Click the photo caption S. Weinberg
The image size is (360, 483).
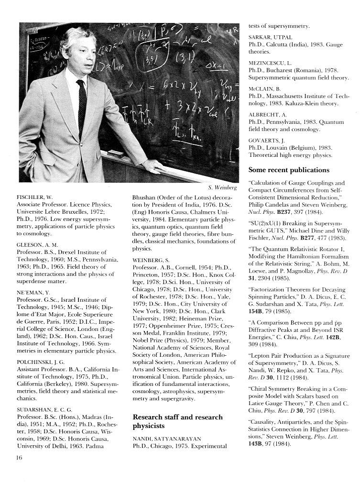click(223, 187)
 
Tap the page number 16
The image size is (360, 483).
click(20, 457)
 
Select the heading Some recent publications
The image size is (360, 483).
click(289, 170)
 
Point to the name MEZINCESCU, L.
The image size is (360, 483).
click(273, 63)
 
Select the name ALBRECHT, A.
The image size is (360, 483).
click(268, 115)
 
